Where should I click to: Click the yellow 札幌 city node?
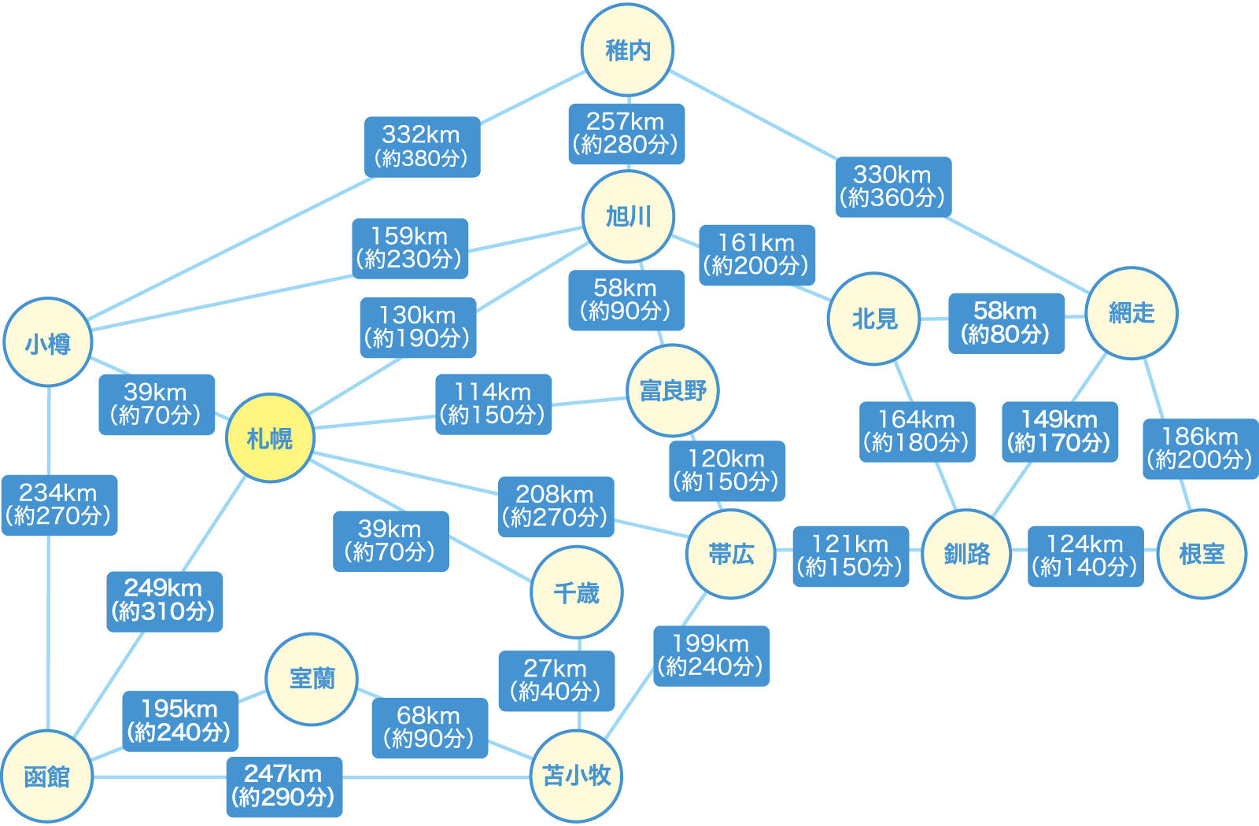click(270, 438)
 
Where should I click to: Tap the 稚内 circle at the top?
click(628, 50)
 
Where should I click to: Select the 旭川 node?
click(629, 216)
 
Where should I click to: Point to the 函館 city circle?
click(47, 776)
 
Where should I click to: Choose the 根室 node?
click(1202, 554)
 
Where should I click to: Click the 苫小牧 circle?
click(576, 776)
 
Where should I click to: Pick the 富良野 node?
click(673, 390)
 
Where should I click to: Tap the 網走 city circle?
click(1132, 312)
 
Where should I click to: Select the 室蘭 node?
click(312, 678)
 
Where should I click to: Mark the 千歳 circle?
click(577, 592)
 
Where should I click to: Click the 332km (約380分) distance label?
click(422, 147)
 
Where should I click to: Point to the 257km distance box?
click(626, 134)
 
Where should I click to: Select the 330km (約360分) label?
click(893, 186)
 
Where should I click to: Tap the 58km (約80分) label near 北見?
click(1006, 323)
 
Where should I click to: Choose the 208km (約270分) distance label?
click(556, 506)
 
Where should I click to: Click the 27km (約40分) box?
click(556, 680)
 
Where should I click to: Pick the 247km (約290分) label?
click(284, 786)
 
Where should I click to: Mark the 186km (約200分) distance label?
click(1200, 448)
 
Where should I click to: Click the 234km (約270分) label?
click(59, 504)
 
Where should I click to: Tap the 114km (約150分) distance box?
click(493, 404)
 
